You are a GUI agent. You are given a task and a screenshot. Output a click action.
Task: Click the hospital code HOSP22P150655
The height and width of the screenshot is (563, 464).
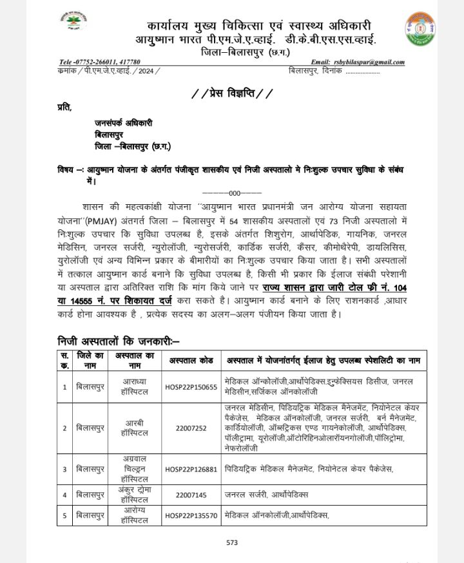[190, 387]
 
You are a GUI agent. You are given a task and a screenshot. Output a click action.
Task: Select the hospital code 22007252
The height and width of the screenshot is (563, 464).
[190, 428]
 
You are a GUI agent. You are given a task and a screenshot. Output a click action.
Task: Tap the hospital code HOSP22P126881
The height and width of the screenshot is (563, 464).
[190, 469]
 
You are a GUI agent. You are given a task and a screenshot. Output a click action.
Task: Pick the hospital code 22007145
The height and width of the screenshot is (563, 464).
[190, 495]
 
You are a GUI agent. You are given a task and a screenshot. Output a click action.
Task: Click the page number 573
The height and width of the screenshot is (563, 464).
[232, 542]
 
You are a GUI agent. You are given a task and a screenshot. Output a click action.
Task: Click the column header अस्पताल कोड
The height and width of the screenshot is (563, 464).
[190, 359]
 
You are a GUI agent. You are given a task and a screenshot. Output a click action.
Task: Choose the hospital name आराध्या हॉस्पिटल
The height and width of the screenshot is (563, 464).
[135, 387]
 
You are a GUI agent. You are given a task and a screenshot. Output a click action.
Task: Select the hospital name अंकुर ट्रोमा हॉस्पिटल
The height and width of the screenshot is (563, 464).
[135, 495]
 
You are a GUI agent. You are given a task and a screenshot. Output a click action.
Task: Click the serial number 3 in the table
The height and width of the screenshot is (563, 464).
[64, 469]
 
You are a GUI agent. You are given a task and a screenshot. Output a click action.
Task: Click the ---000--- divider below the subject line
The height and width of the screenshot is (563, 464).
[231, 193]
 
